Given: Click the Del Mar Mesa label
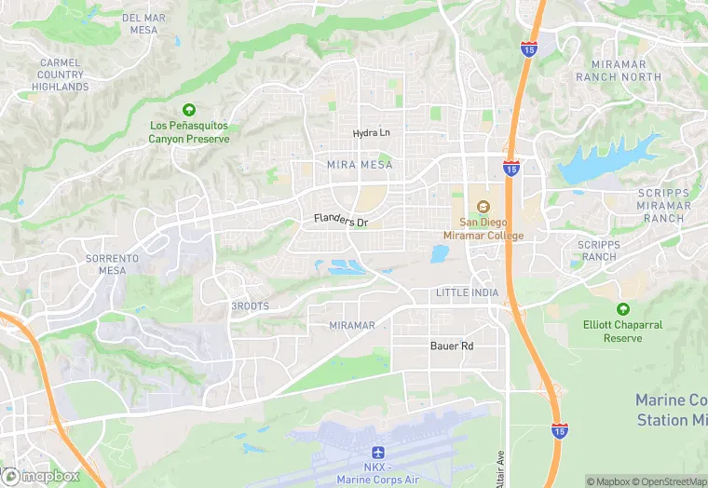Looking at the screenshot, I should (143, 23).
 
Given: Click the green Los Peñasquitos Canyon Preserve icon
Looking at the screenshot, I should (189, 110).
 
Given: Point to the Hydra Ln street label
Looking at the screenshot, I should (372, 133).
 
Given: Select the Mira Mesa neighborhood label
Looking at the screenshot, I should (360, 164).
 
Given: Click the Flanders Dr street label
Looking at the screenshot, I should (341, 222).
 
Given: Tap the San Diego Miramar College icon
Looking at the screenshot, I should (483, 206).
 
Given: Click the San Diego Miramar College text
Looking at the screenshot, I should (492, 229).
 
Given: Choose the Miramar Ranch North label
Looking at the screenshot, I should (619, 70).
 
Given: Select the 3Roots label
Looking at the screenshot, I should (250, 305).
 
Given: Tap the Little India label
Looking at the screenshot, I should (467, 292).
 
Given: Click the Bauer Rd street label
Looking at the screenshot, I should (452, 346).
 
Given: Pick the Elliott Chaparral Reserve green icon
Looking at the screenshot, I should (622, 309).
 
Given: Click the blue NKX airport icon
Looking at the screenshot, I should (379, 451).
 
